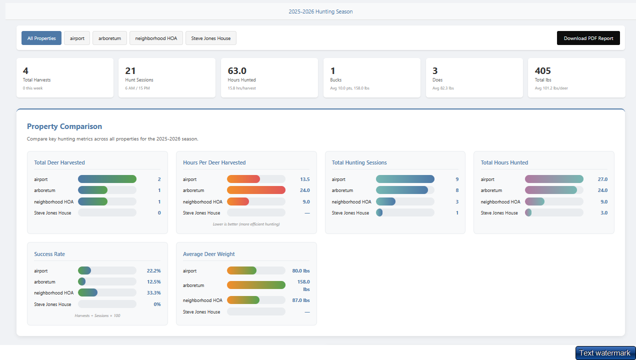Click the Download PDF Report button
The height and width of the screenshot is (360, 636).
(588, 38)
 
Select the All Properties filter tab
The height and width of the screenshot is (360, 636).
(41, 38)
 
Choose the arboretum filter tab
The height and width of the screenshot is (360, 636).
(109, 38)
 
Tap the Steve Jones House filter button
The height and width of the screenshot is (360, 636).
(210, 38)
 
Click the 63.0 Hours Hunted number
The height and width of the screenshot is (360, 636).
(237, 71)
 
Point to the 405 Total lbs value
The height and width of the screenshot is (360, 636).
(542, 71)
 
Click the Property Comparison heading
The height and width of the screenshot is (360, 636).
(64, 126)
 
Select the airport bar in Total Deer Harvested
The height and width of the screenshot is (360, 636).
(107, 179)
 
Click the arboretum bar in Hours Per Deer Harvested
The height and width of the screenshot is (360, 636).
(256, 190)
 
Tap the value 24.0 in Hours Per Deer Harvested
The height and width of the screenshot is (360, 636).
(304, 190)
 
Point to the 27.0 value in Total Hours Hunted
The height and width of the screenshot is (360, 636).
(602, 179)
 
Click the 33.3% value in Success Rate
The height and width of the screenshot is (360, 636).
(153, 292)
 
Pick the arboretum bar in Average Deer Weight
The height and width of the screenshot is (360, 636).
(256, 285)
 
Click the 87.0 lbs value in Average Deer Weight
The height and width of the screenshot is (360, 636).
(300, 300)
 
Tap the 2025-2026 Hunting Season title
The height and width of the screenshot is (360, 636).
(320, 11)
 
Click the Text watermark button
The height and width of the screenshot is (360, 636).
(605, 353)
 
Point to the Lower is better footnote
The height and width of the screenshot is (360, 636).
(246, 224)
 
